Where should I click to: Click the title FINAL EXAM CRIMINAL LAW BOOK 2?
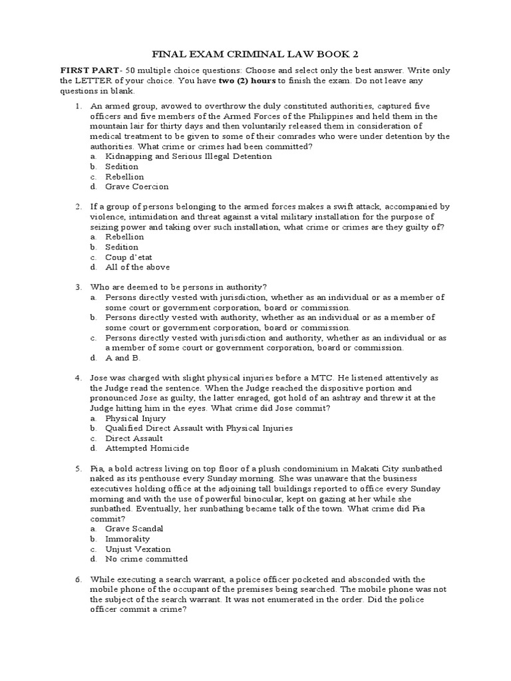point(255,53)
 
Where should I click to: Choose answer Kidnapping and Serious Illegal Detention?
point(188,156)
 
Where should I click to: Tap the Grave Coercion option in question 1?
point(137,187)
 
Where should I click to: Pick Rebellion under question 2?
point(124,237)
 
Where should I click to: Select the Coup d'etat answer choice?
point(129,257)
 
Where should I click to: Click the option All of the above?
point(138,267)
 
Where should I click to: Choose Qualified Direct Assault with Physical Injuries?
point(199,428)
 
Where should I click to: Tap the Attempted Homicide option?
point(146,448)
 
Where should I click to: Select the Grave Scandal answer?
point(134,529)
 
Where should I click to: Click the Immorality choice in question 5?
point(128,539)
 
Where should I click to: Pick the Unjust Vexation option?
point(138,549)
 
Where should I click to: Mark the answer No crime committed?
point(146,559)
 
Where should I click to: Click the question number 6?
point(78,579)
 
